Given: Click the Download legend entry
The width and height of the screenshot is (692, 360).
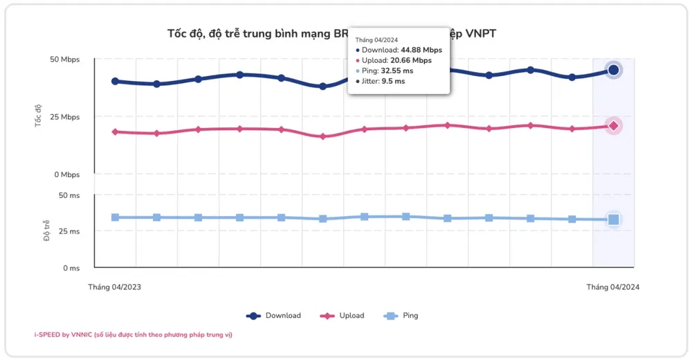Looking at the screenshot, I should [274, 316].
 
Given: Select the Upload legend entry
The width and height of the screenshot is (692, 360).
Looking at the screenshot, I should [343, 316].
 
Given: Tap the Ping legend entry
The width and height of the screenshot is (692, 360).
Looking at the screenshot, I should [401, 316].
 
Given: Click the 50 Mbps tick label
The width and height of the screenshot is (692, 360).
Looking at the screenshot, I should [65, 60].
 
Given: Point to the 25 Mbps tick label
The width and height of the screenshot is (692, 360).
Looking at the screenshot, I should [65, 117].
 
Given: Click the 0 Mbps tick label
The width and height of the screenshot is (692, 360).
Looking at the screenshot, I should [67, 174].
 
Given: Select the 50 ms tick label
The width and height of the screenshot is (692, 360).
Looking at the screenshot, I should [69, 195].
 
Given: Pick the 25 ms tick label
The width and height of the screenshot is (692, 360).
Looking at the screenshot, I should [69, 231].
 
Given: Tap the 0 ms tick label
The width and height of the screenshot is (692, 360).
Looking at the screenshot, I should [71, 268].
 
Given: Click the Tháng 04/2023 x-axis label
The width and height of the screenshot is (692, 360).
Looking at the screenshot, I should [114, 286].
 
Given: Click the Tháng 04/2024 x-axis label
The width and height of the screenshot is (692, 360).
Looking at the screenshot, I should [613, 286].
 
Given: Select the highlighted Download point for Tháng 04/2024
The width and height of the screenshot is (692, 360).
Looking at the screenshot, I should [613, 70].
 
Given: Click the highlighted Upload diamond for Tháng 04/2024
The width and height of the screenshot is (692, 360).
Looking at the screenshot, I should [613, 125].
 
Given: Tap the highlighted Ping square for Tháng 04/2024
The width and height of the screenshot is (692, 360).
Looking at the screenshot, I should [613, 219].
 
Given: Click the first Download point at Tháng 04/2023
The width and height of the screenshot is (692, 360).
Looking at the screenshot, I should [115, 81].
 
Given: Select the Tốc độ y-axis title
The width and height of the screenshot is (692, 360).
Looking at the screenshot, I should [39, 116].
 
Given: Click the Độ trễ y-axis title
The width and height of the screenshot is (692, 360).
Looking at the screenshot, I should [46, 231].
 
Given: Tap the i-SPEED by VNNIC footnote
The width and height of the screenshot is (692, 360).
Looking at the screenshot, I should [134, 335].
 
